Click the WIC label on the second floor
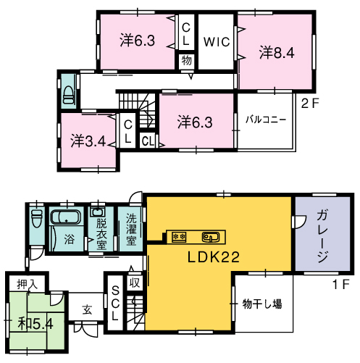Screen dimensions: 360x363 [x=217, y=42]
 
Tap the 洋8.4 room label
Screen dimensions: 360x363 [x=277, y=52]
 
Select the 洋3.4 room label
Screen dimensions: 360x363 [x=88, y=141]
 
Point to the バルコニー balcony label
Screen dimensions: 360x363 [x=266, y=120]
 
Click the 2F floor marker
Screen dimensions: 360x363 [x=310, y=104]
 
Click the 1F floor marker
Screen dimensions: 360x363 [x=341, y=284]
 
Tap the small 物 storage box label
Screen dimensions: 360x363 [x=187, y=60]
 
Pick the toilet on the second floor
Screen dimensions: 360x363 [x=68, y=95]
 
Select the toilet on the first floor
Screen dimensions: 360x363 [x=37, y=218]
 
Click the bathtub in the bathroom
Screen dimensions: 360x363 [x=65, y=217]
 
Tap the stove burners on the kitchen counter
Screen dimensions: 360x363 [x=179, y=237]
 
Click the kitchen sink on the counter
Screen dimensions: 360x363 [x=211, y=237]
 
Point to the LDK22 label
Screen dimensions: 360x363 [x=214, y=256]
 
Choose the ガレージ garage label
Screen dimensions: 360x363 [x=322, y=236]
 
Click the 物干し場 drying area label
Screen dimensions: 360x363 [x=262, y=304]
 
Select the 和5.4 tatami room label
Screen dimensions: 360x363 [x=35, y=324]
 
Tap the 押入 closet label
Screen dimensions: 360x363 [x=28, y=285]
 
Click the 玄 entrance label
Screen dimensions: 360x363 [x=87, y=309]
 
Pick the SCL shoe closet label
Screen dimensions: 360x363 [x=115, y=303]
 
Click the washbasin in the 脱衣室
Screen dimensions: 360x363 [x=98, y=212]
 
